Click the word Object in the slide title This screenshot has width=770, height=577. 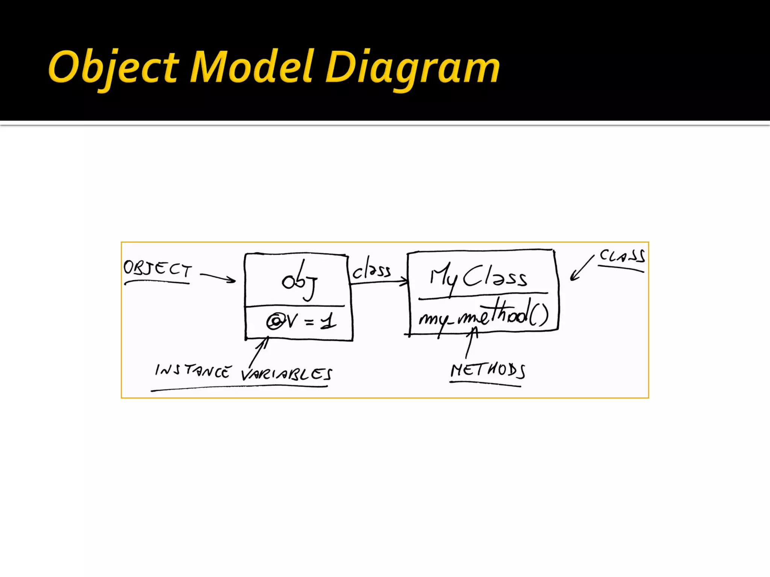[x=113, y=68]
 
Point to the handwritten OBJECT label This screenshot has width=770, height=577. [x=157, y=269]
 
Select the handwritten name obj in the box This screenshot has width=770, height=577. [x=299, y=281]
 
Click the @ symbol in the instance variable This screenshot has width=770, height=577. [x=275, y=322]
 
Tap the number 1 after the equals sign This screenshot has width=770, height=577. [x=329, y=322]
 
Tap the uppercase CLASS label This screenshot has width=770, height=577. [x=622, y=256]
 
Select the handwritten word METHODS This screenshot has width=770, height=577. [x=488, y=370]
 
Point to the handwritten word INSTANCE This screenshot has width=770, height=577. [x=192, y=371]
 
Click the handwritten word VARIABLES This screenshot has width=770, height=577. [x=286, y=374]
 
